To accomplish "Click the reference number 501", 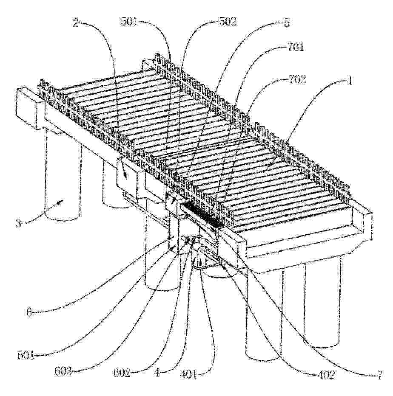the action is (128, 22).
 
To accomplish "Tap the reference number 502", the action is (228, 22).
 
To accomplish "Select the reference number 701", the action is (295, 47).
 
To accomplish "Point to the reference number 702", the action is (298, 79).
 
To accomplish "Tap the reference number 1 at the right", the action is (350, 81).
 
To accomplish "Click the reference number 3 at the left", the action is (18, 223).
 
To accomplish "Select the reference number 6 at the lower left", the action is (29, 313).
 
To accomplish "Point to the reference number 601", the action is (26, 356).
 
